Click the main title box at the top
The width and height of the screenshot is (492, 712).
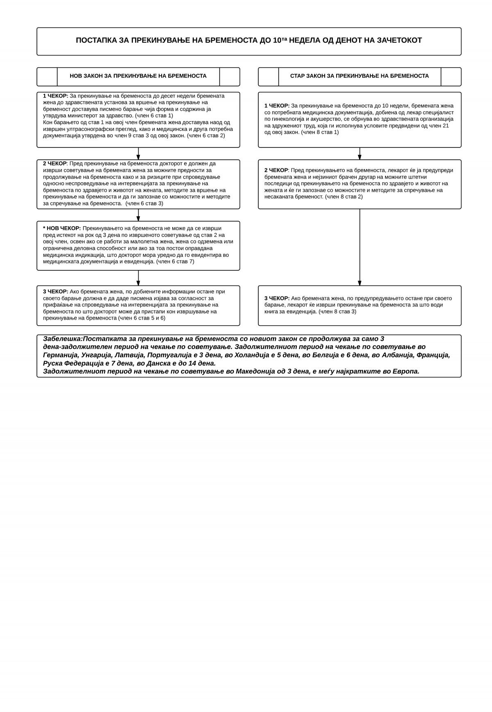[x=249, y=41]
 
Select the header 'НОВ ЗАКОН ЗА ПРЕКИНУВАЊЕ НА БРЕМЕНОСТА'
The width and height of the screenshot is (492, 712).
[x=138, y=76]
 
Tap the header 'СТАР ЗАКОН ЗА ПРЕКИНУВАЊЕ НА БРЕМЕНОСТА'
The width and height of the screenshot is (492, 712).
[x=360, y=76]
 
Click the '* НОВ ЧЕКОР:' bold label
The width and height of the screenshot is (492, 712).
[x=62, y=229]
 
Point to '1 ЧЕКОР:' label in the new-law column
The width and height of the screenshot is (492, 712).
[x=55, y=96]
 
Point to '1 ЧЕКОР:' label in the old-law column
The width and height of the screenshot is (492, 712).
[x=277, y=106]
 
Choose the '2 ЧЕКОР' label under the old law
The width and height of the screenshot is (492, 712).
[x=276, y=170]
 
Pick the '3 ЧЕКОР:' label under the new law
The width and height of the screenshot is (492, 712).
[x=55, y=292]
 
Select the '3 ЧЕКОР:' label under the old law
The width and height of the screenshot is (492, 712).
[x=277, y=298]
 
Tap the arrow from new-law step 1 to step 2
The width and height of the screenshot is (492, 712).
[x=138, y=154]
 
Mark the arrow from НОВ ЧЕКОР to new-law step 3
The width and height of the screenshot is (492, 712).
[x=138, y=278]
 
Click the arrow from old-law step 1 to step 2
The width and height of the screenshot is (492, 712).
[x=360, y=154]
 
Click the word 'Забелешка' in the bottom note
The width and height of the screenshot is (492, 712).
[x=62, y=339]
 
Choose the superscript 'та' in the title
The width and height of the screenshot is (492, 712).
[x=284, y=39]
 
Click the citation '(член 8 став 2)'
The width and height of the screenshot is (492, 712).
[x=344, y=197]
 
